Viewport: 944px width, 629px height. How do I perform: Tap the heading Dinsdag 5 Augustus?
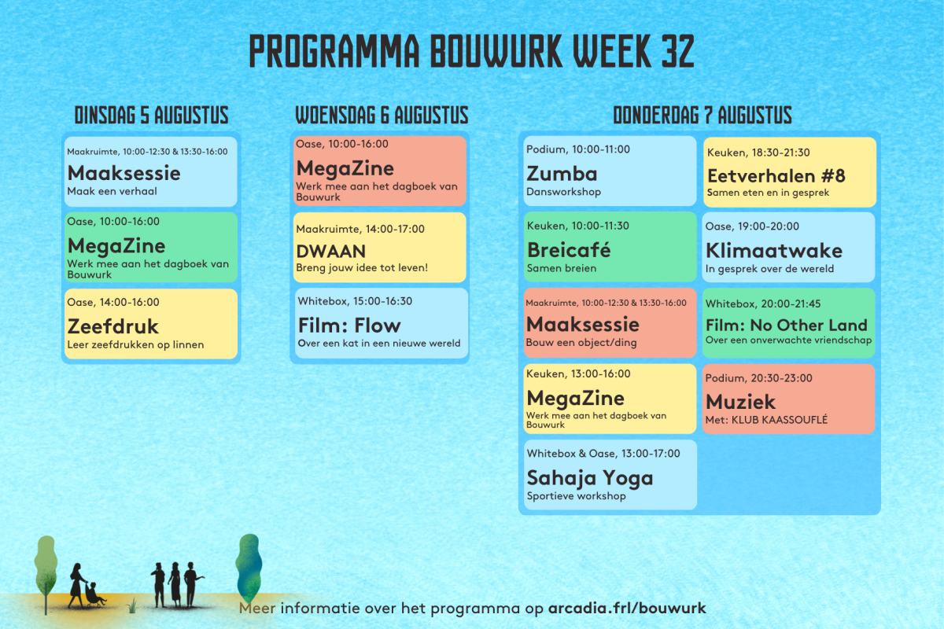coord(151,115)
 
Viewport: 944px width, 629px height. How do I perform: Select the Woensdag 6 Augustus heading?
coord(382,115)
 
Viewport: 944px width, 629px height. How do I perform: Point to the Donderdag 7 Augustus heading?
coord(702,115)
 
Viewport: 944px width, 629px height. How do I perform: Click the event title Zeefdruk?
coord(113,326)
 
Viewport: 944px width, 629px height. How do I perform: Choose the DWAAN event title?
coord(331,252)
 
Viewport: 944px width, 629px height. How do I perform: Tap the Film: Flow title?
coord(349,326)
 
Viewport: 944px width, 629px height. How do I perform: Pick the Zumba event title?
coord(562,174)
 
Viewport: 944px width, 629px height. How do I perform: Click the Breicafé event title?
coord(569,250)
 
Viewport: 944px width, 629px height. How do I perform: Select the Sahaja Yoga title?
coord(590,478)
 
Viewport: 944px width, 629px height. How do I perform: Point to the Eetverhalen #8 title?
coord(776,175)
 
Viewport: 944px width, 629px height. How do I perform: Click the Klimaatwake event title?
coord(774,251)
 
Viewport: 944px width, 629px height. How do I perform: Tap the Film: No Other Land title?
coord(787,326)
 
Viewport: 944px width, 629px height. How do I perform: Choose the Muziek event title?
coord(740,402)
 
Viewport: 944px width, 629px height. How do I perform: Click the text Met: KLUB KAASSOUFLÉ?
coord(766,420)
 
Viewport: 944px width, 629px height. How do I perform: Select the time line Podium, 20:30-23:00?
coord(758,378)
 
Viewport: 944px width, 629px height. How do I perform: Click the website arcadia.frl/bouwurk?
coord(627,608)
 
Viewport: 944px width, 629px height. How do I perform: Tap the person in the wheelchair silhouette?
coord(94,595)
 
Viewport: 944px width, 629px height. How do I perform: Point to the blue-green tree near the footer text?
coord(249,568)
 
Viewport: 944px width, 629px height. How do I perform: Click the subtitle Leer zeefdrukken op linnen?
coord(135,344)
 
